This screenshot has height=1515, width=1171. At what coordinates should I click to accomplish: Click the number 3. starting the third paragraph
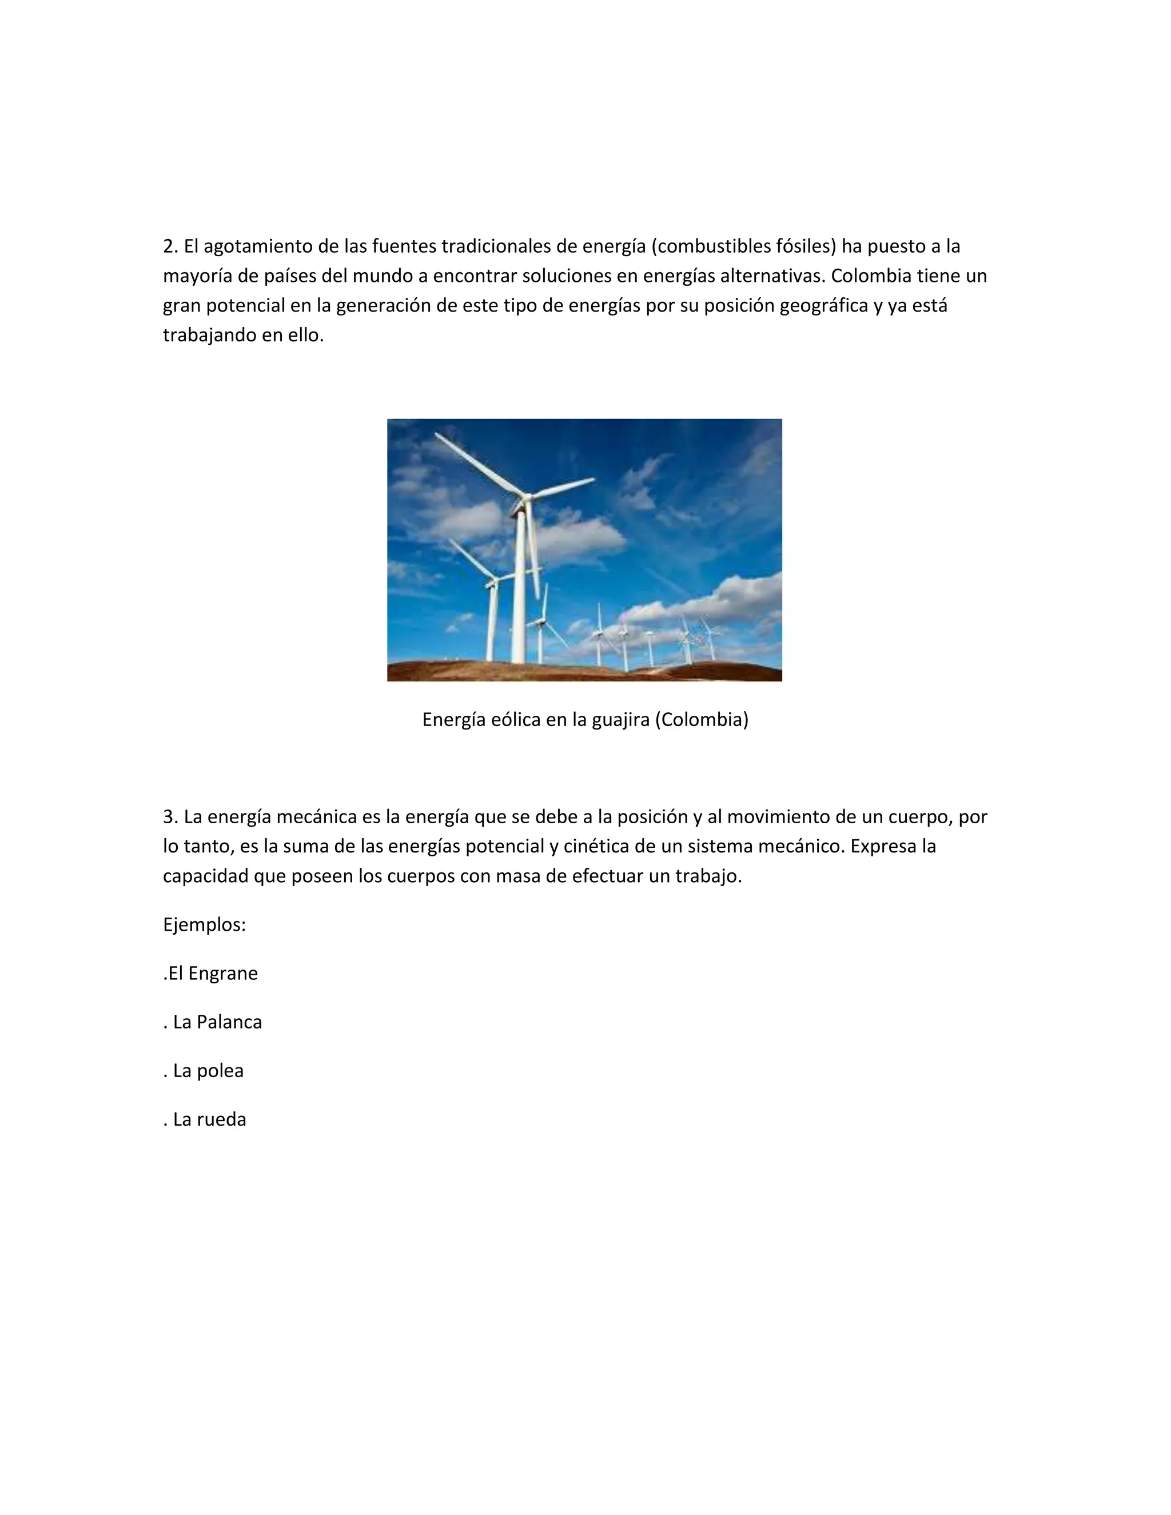170,817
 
